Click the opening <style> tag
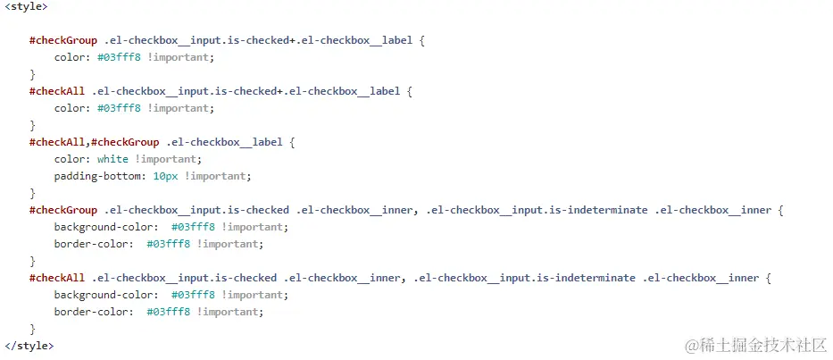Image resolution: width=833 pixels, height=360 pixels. tap(26, 6)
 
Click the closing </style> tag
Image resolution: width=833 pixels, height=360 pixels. tap(29, 346)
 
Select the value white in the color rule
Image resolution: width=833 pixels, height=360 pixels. tap(112, 159)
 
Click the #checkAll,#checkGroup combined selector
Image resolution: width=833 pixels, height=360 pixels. tap(94, 142)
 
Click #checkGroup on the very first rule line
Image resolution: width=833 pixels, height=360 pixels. tap(62, 40)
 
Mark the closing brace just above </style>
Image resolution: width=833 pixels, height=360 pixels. tap(32, 329)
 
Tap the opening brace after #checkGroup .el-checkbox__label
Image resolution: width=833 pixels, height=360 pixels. tap(292, 142)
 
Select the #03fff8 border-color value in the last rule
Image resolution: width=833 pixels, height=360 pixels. tap(170, 312)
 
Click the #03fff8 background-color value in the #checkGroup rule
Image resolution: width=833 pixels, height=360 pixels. tap(194, 227)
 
